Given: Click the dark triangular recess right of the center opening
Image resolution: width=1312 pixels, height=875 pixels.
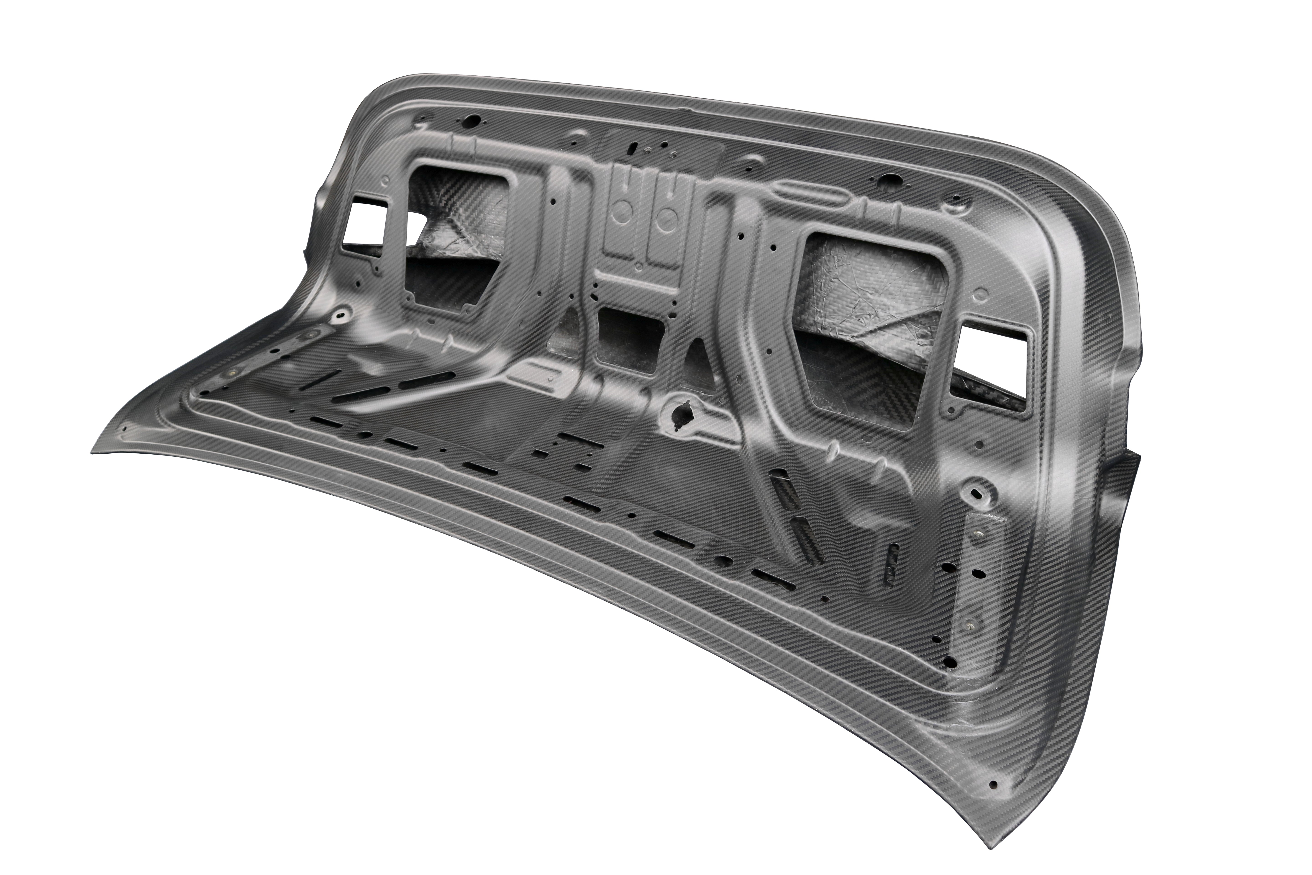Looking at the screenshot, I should [697, 357].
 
